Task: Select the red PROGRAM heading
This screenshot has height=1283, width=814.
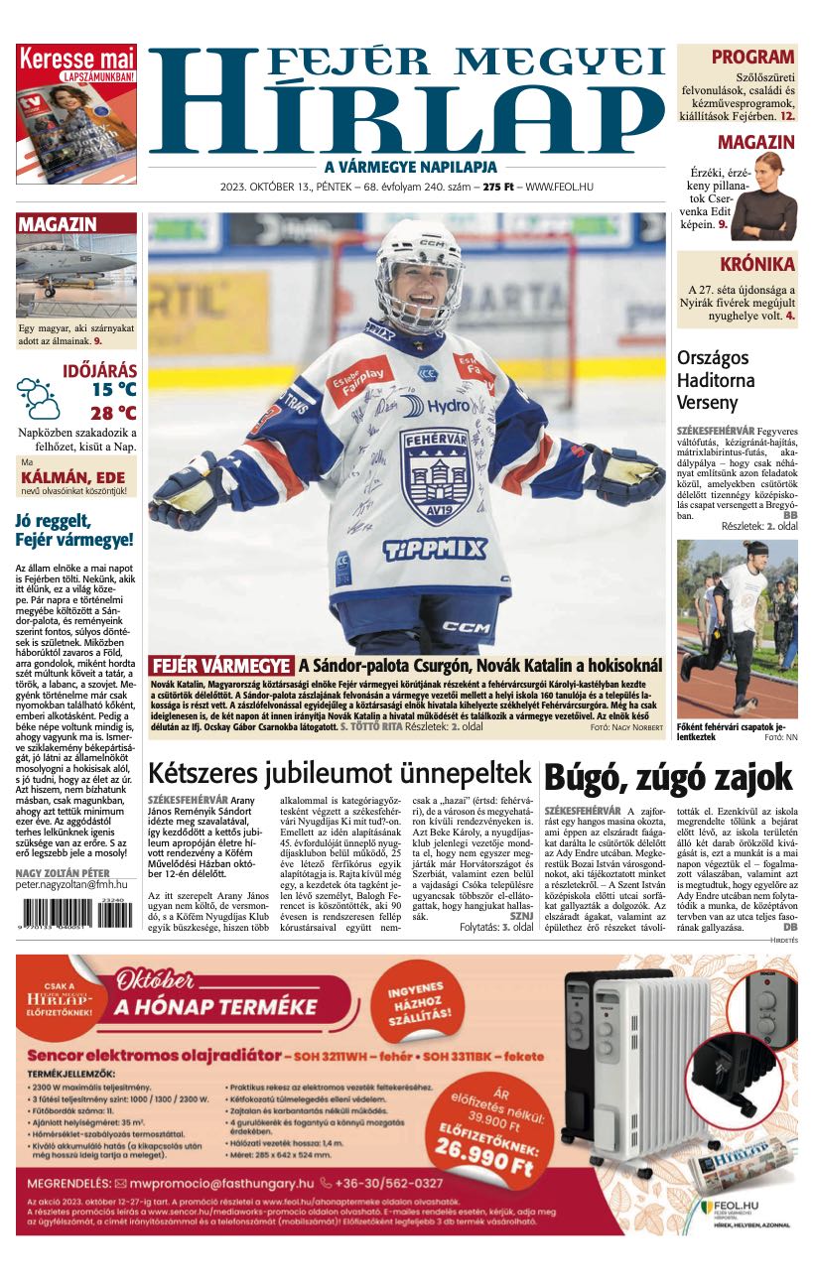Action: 752,57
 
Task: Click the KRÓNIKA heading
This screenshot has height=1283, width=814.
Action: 757,264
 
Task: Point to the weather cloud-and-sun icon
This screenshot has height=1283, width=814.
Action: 39,397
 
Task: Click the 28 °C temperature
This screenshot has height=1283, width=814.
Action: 113,413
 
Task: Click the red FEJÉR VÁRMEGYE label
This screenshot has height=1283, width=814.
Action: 220,666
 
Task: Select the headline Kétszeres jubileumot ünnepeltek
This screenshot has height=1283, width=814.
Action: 340,773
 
